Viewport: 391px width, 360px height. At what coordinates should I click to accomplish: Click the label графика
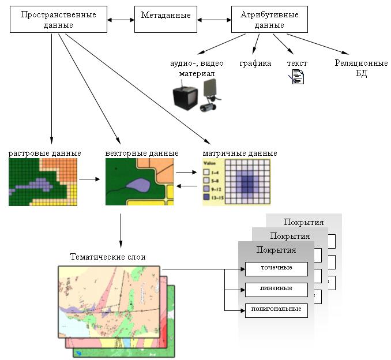click(x=255, y=63)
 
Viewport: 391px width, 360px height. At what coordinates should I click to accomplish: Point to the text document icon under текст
click(x=298, y=77)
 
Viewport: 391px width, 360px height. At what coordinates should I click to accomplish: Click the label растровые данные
click(x=44, y=153)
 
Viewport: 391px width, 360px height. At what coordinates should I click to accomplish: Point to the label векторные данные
click(x=142, y=153)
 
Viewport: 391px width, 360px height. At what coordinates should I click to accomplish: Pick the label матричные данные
click(x=240, y=153)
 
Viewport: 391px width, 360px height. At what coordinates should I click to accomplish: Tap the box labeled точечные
click(x=276, y=268)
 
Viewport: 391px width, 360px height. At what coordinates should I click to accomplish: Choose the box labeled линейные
click(x=276, y=288)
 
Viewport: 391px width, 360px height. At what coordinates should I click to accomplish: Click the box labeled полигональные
click(x=276, y=310)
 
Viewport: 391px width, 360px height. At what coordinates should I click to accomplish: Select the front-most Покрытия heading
click(x=276, y=250)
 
